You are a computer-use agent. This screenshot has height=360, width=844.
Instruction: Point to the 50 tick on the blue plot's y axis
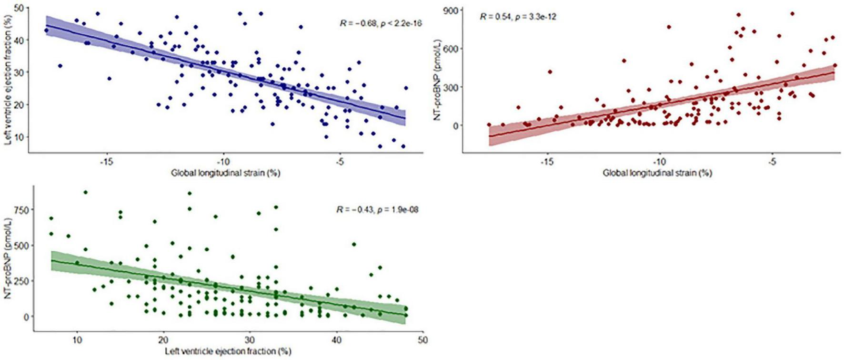coord(19,8)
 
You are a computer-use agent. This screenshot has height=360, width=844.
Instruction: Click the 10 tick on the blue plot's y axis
coord(19,137)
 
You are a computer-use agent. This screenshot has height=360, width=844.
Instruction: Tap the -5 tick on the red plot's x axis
coord(773,162)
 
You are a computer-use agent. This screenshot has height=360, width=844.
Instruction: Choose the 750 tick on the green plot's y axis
coord(23,209)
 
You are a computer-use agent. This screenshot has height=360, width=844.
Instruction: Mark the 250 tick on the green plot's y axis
coord(23,280)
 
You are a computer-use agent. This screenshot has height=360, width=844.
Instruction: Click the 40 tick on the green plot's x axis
coord(336,341)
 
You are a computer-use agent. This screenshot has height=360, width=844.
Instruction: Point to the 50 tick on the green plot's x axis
coord(423,341)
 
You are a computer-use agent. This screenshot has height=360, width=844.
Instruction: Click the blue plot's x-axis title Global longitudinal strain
coord(226,173)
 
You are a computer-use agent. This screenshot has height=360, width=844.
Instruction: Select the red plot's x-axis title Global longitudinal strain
coord(657,173)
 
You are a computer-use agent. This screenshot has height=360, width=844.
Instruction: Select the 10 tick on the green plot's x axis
coord(77,341)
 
